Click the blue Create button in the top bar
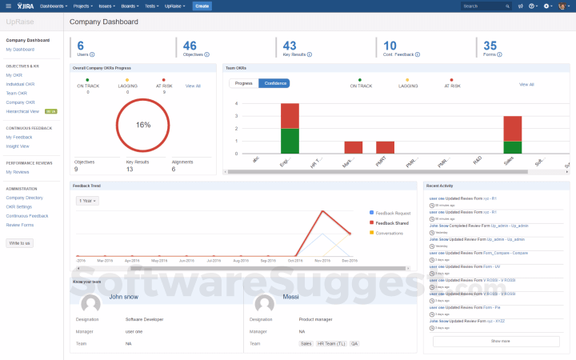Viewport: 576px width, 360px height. tap(202, 6)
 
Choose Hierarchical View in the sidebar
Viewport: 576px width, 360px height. tap(22, 111)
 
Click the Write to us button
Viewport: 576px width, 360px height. tap(20, 242)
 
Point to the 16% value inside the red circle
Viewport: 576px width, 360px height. tap(143, 125)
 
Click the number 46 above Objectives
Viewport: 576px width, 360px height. tap(190, 46)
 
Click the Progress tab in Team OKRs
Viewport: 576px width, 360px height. tap(244, 83)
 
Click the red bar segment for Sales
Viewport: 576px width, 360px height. tap(512, 128)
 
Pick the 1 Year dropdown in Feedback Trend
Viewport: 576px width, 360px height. tap(86, 200)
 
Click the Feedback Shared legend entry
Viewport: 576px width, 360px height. tap(391, 222)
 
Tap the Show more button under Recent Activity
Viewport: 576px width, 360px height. tap(501, 341)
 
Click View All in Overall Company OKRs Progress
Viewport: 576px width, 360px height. tap(193, 86)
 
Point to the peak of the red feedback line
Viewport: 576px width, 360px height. tap(322, 211)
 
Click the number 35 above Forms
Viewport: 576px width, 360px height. tap(490, 46)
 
